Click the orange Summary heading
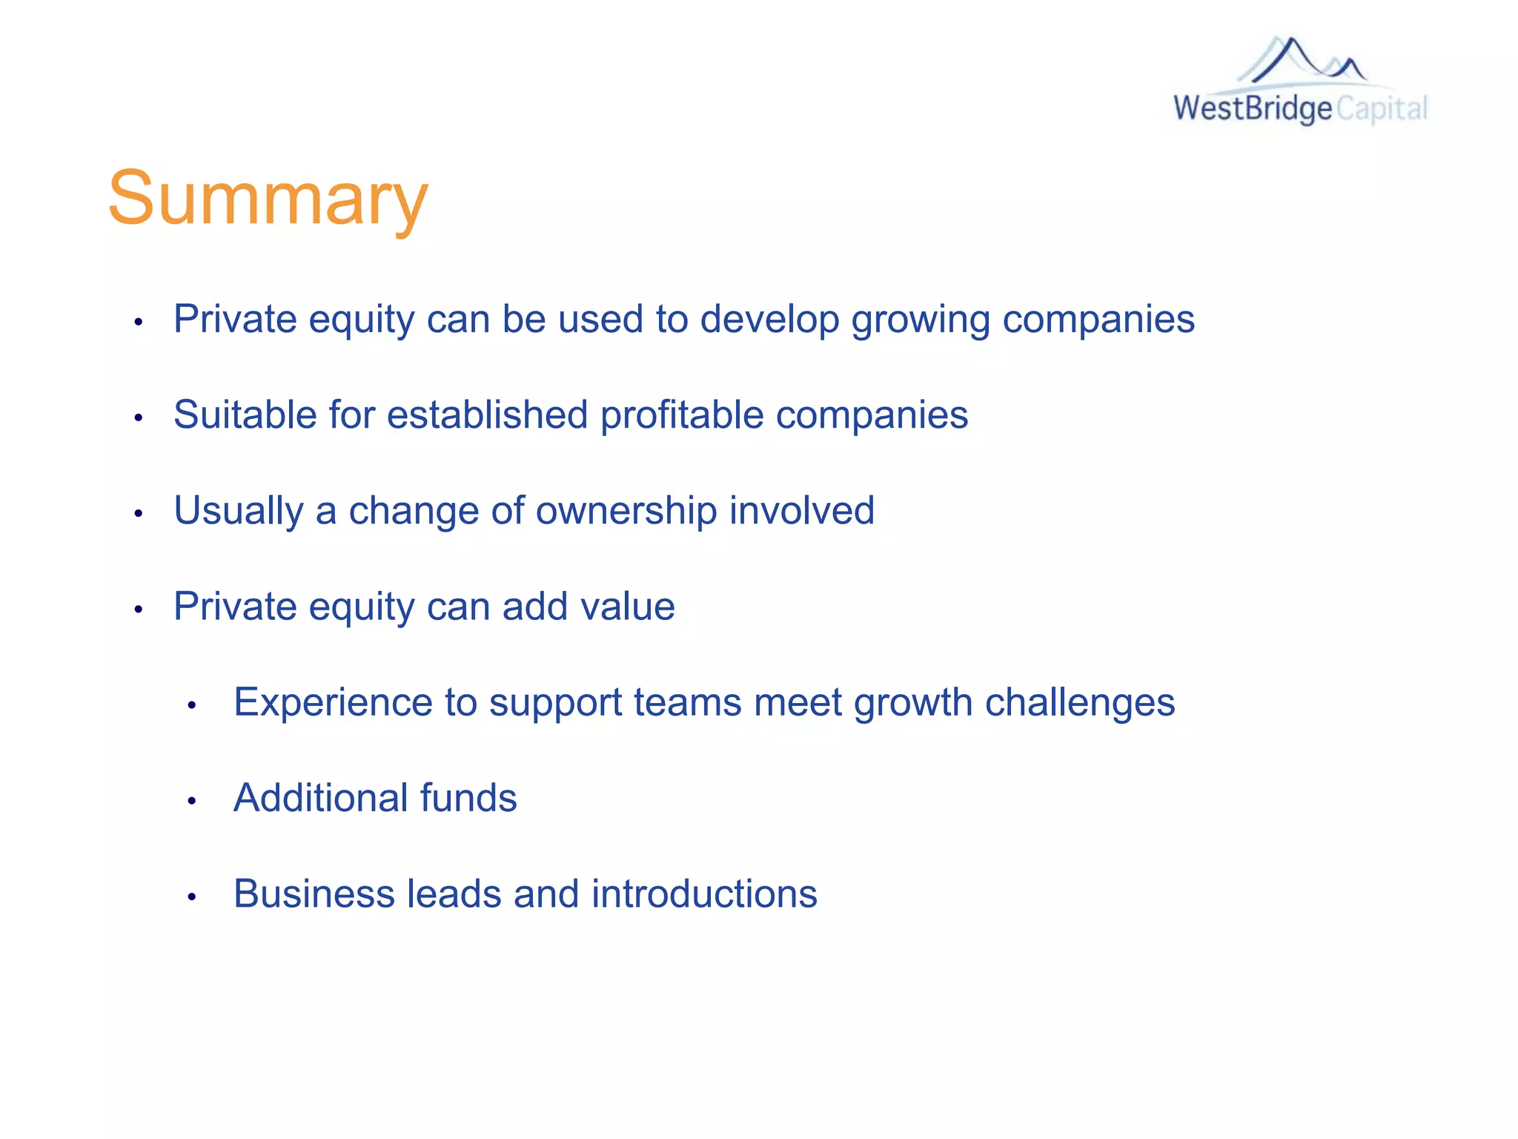click(268, 199)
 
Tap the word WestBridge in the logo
click(1253, 108)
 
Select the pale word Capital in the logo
click(1382, 109)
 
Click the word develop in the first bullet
click(769, 320)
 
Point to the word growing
click(921, 320)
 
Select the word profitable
click(682, 415)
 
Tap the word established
click(487, 415)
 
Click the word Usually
click(238, 512)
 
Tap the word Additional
click(320, 798)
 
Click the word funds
click(468, 798)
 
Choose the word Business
click(314, 894)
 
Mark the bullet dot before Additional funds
click(191, 801)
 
